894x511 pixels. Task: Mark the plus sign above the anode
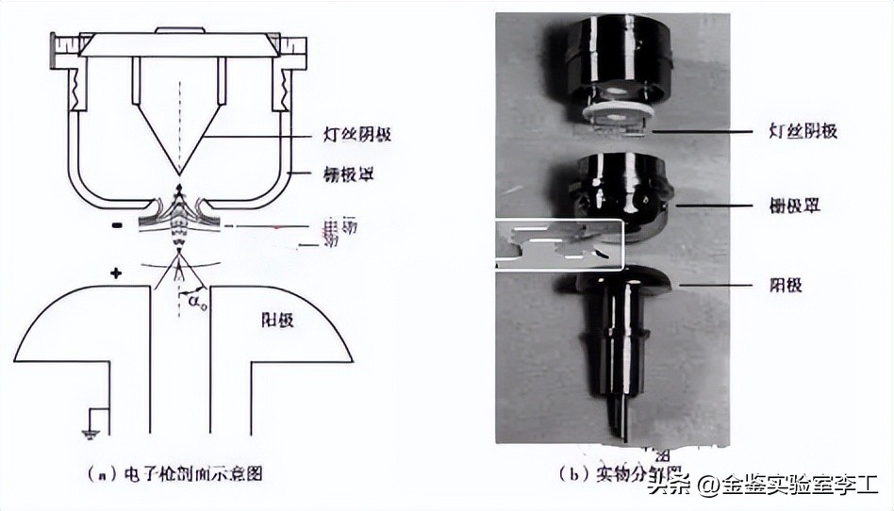(116, 274)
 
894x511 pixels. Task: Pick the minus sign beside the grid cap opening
(114, 226)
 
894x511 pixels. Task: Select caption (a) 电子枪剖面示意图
(179, 472)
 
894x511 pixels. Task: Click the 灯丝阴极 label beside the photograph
(803, 131)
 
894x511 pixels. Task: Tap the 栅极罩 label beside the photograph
(795, 204)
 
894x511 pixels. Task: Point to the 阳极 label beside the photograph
(786, 284)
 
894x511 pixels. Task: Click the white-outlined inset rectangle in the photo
(558, 243)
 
